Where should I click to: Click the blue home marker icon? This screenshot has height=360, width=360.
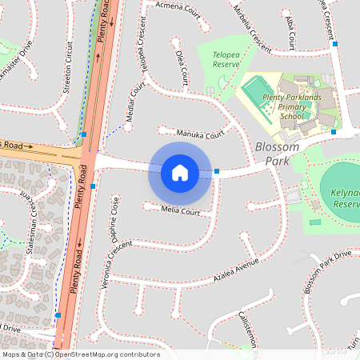[180, 172]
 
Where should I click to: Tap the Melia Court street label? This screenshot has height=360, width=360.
[179, 212]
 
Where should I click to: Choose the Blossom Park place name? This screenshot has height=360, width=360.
[277, 154]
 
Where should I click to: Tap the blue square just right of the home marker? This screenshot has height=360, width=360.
[217, 171]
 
